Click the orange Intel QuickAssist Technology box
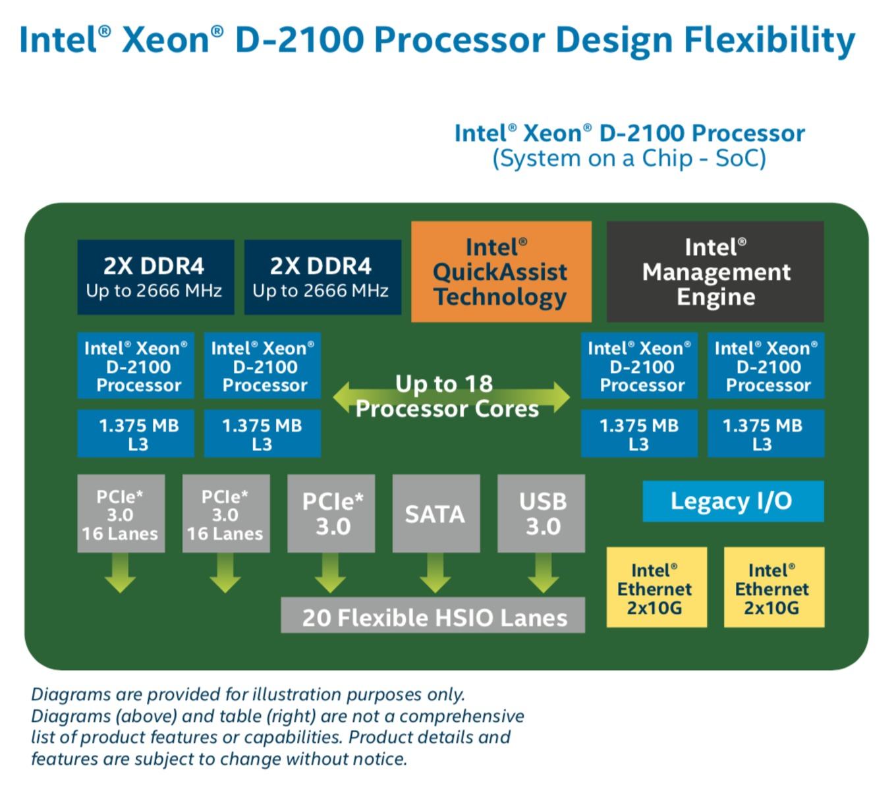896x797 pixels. pyautogui.click(x=501, y=271)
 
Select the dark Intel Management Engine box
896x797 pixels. pyautogui.click(x=715, y=271)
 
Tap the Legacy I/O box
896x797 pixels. pyautogui.click(x=733, y=501)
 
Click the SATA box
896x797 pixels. pyautogui.click(x=436, y=514)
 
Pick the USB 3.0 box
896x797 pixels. pyautogui.click(x=541, y=514)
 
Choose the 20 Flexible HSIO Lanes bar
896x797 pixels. pyautogui.click(x=433, y=615)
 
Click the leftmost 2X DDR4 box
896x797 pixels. pyautogui.click(x=155, y=277)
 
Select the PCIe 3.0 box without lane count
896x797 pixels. pyautogui.click(x=331, y=514)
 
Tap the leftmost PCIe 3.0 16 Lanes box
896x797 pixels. pyautogui.click(x=121, y=514)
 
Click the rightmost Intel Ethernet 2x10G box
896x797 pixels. pyautogui.click(x=774, y=587)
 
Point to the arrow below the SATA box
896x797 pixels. pyautogui.click(x=435, y=573)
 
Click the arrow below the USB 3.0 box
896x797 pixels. pyautogui.click(x=543, y=573)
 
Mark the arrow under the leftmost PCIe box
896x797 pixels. pyautogui.click(x=121, y=573)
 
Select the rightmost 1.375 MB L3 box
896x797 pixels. pyautogui.click(x=766, y=433)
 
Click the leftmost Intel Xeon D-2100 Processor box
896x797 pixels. pyautogui.click(x=136, y=366)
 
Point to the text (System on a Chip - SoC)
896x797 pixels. pyautogui.click(x=629, y=158)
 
